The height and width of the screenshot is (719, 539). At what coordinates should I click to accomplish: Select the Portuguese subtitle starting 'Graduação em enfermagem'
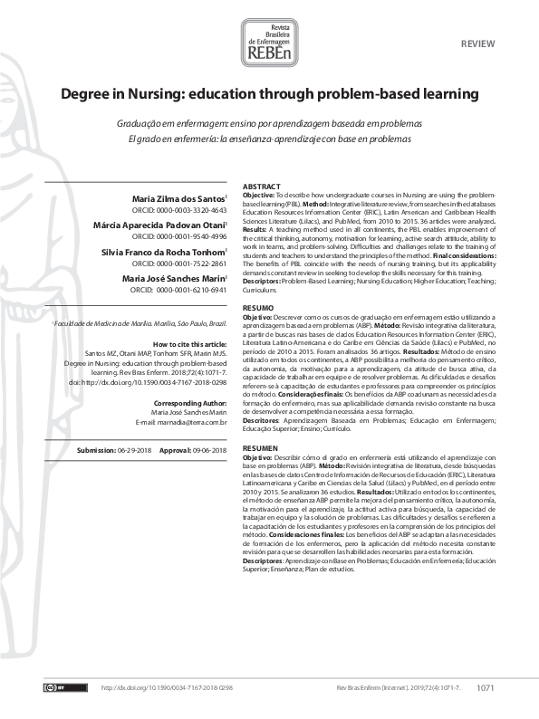coord(269,123)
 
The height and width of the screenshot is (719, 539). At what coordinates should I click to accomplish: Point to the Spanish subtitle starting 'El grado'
coord(269,139)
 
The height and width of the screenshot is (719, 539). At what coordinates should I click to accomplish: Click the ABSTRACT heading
coord(261,185)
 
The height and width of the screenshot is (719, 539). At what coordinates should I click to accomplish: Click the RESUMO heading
coord(257,309)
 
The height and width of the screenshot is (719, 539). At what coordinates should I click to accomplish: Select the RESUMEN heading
coord(260,423)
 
